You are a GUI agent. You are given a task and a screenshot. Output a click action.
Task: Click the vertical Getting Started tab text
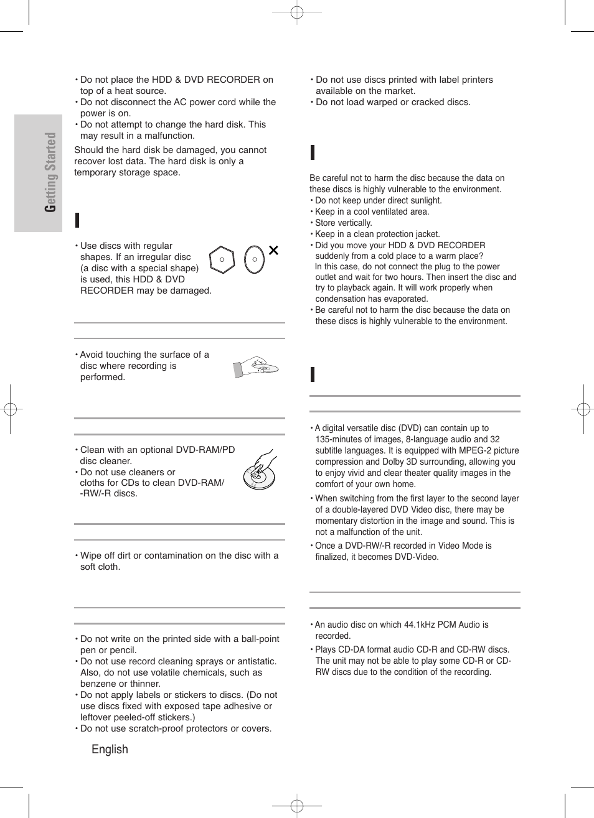(50, 172)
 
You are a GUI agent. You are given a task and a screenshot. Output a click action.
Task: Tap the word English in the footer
(110, 750)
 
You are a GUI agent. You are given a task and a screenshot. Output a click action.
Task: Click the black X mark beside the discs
(273, 250)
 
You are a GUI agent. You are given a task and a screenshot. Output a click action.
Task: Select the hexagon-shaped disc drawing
(222, 260)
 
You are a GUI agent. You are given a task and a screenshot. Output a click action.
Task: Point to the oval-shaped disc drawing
(254, 259)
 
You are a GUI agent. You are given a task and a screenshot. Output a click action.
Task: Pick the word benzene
(97, 684)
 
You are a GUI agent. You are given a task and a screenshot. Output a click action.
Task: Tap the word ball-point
(256, 639)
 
